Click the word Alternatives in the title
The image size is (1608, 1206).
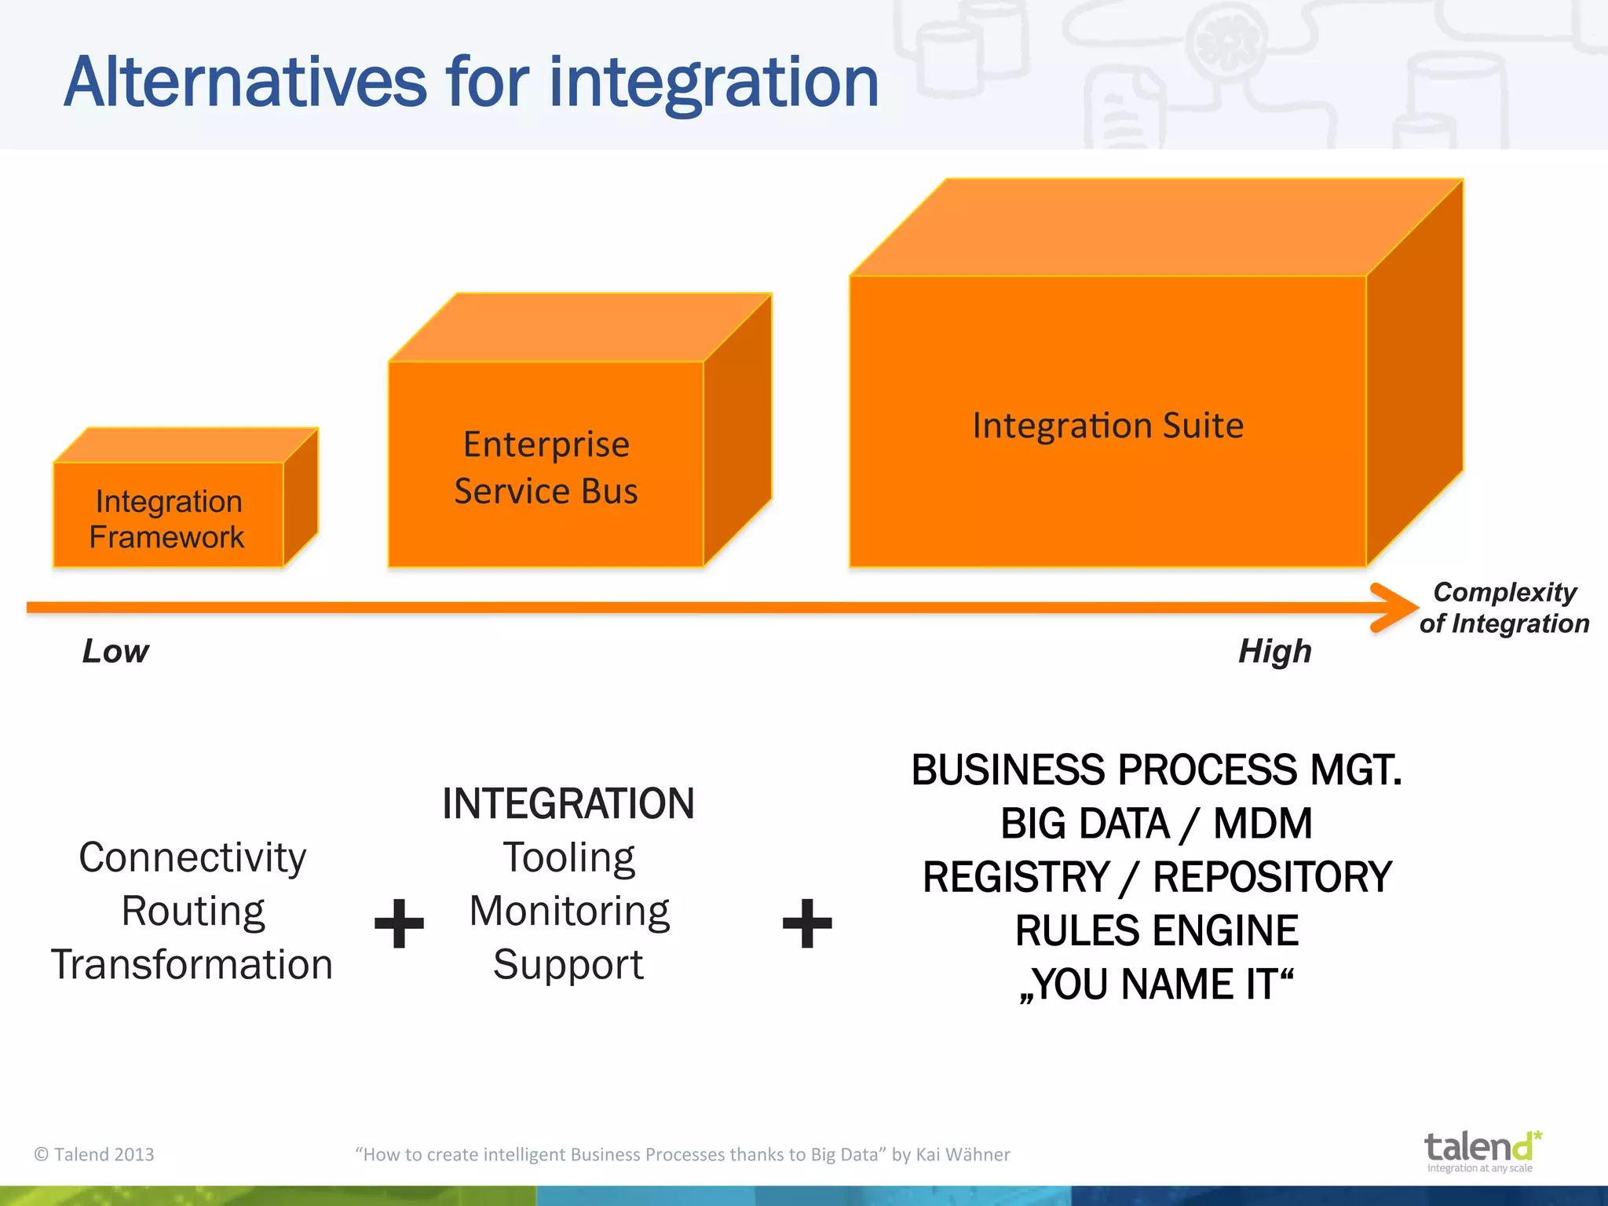click(245, 82)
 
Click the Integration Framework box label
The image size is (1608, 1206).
click(167, 519)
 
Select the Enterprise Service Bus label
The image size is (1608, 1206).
click(546, 468)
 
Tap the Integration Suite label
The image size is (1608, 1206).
click(1107, 426)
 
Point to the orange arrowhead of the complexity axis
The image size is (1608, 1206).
click(1394, 607)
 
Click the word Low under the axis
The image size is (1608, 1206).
click(115, 651)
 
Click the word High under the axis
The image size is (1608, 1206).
click(1274, 651)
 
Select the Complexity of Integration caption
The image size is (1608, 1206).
click(1504, 608)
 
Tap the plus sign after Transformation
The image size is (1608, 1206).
click(399, 923)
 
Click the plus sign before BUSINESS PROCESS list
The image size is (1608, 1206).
click(807, 923)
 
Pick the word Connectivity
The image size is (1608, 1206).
click(192, 857)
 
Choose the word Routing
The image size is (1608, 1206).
click(193, 911)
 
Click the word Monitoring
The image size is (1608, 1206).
click(569, 911)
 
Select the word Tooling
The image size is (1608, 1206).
click(569, 857)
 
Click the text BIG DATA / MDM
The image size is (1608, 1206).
click(1156, 824)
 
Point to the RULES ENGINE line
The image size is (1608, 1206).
click(1156, 930)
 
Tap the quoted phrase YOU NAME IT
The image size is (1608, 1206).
click(1156, 984)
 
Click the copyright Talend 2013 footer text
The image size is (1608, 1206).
click(94, 1154)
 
